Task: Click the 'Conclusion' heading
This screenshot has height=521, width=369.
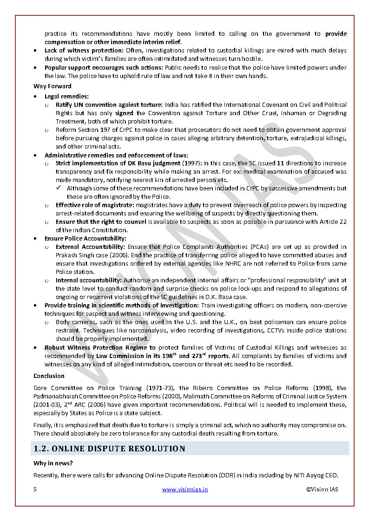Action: pos(49,376)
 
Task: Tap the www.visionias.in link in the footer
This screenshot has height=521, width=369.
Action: pos(185,489)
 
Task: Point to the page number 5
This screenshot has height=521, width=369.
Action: pos(35,489)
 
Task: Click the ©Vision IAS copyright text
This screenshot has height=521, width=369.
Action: pos(322,489)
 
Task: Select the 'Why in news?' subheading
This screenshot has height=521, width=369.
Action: pos(53,463)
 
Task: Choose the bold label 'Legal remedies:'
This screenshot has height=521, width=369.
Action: pos(66,96)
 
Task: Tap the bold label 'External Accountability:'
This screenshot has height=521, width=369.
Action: pos(90,247)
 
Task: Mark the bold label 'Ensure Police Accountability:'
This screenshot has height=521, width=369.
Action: pos(85,238)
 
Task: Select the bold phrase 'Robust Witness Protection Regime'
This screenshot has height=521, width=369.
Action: pos(96,347)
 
